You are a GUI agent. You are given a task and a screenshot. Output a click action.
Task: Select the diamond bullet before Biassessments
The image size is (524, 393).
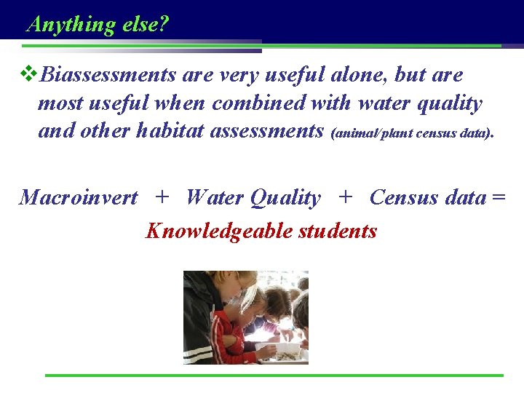pyautogui.click(x=30, y=74)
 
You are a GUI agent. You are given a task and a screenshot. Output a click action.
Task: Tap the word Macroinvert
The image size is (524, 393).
pyautogui.click(x=79, y=197)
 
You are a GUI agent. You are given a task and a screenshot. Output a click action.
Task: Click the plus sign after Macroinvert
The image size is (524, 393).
pyautogui.click(x=162, y=197)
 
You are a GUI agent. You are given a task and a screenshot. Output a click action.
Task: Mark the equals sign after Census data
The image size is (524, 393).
pyautogui.click(x=498, y=198)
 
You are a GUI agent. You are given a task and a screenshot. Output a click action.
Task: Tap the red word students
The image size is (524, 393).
pyautogui.click(x=338, y=231)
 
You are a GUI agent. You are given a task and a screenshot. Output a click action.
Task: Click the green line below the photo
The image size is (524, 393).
pyautogui.click(x=274, y=376)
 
